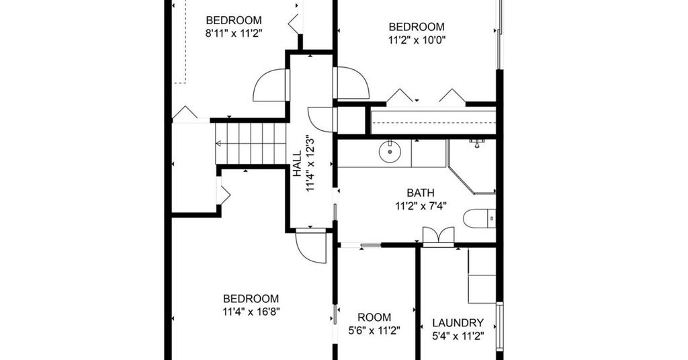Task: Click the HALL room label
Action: coord(298,164)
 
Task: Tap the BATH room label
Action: coord(421,193)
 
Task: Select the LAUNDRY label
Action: coord(458,323)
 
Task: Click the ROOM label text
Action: coord(374,317)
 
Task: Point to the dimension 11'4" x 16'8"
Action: coord(251,312)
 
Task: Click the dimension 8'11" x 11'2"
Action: coord(234,34)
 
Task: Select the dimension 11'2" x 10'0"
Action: coord(417,40)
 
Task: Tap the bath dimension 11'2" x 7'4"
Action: coord(421,206)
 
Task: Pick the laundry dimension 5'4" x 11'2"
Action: coord(458,336)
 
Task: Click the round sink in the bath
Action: coord(390,152)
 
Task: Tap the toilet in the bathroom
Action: coord(480,218)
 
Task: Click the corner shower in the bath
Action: coord(472,167)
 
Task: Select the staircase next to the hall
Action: coord(251,143)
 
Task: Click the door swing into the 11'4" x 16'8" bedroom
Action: coord(311,246)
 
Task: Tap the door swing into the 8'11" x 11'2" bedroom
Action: coord(270,85)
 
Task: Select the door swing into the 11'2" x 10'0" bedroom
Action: coord(351,83)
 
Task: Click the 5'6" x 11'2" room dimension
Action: coord(374,330)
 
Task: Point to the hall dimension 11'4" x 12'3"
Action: coord(311,163)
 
